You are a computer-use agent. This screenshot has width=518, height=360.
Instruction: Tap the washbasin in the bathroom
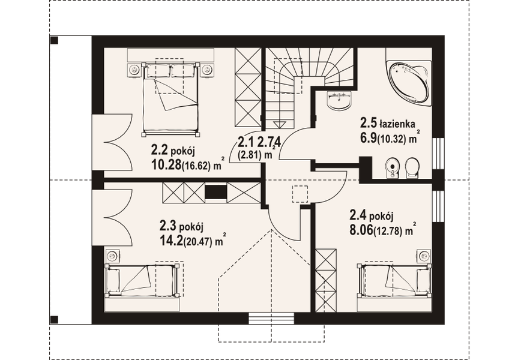point(340,100)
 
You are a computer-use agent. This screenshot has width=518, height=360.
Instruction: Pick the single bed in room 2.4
point(394,280)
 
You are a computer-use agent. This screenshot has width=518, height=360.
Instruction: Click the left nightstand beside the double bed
point(134,70)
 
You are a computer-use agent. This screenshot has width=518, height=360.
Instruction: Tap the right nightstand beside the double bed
point(206,70)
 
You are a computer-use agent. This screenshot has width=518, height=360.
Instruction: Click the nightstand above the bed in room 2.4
point(424,256)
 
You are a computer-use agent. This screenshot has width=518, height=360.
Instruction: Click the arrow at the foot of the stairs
point(277,122)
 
